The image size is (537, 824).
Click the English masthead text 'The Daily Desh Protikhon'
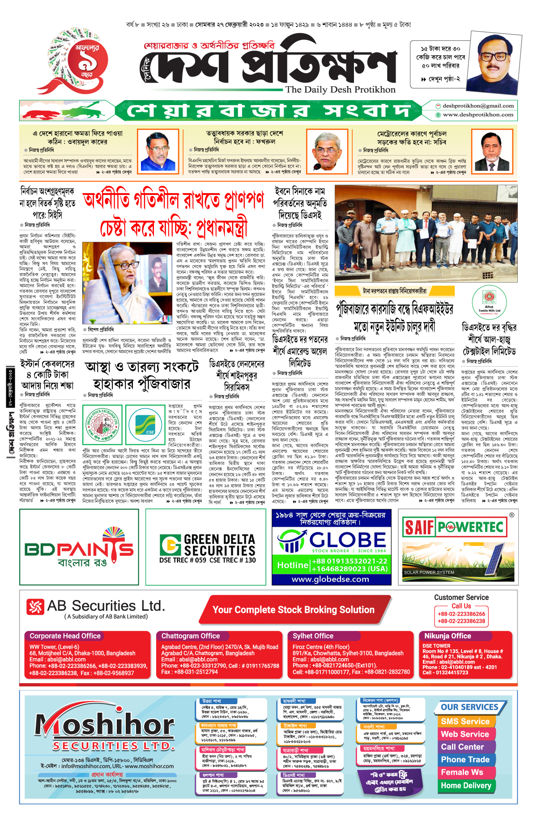point(341,89)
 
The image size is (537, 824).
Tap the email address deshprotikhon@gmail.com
point(478,106)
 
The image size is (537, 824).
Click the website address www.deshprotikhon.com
point(478,114)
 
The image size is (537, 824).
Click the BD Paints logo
point(79,548)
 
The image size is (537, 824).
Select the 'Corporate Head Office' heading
point(65,636)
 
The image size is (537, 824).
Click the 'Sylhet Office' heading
point(313,636)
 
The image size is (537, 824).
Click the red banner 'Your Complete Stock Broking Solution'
point(293,610)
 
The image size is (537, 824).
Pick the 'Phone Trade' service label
point(465,760)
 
